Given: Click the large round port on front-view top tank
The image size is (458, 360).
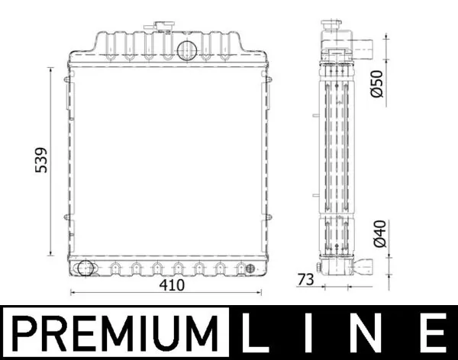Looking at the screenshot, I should click(187, 50).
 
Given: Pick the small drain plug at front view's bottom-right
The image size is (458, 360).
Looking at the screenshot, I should click(247, 268).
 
